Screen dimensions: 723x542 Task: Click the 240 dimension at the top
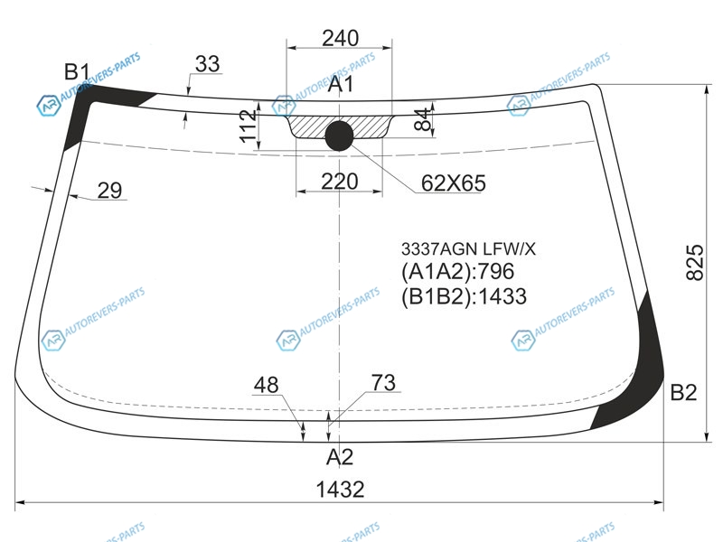[341, 38]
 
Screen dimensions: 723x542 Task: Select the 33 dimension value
[208, 64]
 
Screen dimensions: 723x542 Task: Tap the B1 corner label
[77, 72]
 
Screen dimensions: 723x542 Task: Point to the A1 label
[341, 84]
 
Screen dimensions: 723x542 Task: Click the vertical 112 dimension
[248, 126]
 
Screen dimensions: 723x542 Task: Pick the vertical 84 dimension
[423, 120]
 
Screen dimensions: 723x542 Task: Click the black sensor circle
[340, 136]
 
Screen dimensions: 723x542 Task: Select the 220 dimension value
[340, 182]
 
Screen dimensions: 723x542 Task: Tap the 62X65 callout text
[454, 183]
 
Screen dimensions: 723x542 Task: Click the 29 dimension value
[109, 191]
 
